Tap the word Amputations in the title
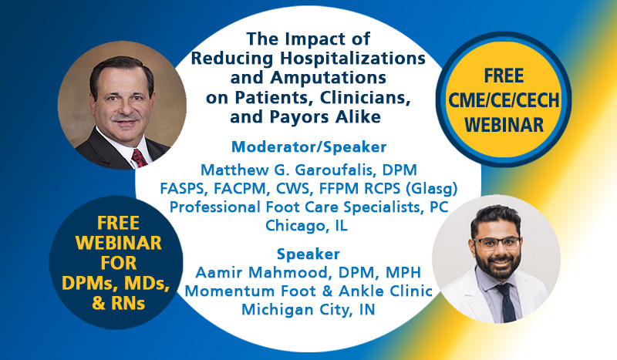point(329,78)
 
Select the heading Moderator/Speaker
point(309,146)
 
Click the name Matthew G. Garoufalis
point(288,170)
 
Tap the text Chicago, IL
point(306,226)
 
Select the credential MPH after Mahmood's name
point(403,272)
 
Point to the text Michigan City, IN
point(308,310)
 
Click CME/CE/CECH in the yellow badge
point(504,100)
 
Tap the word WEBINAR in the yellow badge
point(504,125)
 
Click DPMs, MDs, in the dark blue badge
point(116,283)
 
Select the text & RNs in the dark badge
point(119,304)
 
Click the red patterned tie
point(139,157)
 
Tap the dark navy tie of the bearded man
point(507,302)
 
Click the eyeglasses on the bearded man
point(497,243)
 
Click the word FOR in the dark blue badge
point(119,263)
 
